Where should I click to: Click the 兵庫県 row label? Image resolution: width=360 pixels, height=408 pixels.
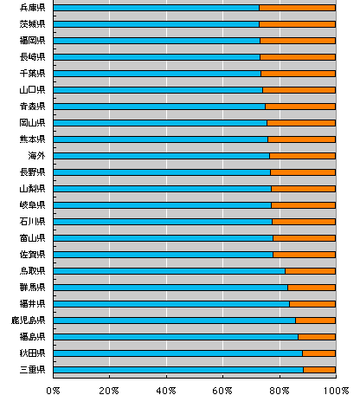coord(32,8)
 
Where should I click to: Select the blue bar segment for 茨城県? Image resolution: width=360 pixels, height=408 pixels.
coord(156,24)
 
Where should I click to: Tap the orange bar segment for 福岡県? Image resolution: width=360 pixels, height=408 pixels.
coord(298,41)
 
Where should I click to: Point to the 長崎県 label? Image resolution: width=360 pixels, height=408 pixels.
coord(32,57)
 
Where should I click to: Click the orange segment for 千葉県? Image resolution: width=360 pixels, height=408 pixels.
coord(299,74)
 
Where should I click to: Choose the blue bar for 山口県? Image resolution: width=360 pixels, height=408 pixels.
coord(158,90)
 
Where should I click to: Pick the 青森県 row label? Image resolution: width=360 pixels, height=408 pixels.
coord(32,107)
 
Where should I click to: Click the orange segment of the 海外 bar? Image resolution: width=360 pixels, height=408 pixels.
coord(303,156)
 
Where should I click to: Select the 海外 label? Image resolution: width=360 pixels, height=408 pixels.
coord(36,156)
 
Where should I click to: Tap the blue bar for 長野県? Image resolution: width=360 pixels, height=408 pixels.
coord(162,172)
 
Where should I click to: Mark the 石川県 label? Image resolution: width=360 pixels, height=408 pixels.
coord(32,222)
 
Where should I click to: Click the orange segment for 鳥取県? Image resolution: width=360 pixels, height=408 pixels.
coord(311,271)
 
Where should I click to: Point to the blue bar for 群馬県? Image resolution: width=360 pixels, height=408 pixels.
coord(170,288)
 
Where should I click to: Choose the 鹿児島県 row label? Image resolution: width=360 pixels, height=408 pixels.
coord(28,321)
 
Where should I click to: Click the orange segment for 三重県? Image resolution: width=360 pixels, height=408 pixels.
coord(319,370)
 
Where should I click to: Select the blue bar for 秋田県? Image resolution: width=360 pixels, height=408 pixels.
coord(178,353)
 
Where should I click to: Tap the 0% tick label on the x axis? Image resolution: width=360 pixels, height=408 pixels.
coord(53,391)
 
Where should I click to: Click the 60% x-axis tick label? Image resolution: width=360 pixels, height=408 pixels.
coord(222,391)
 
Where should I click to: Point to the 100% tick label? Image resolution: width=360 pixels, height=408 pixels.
coord(336,391)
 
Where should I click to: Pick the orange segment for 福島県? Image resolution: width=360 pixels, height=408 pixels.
coord(317,337)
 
